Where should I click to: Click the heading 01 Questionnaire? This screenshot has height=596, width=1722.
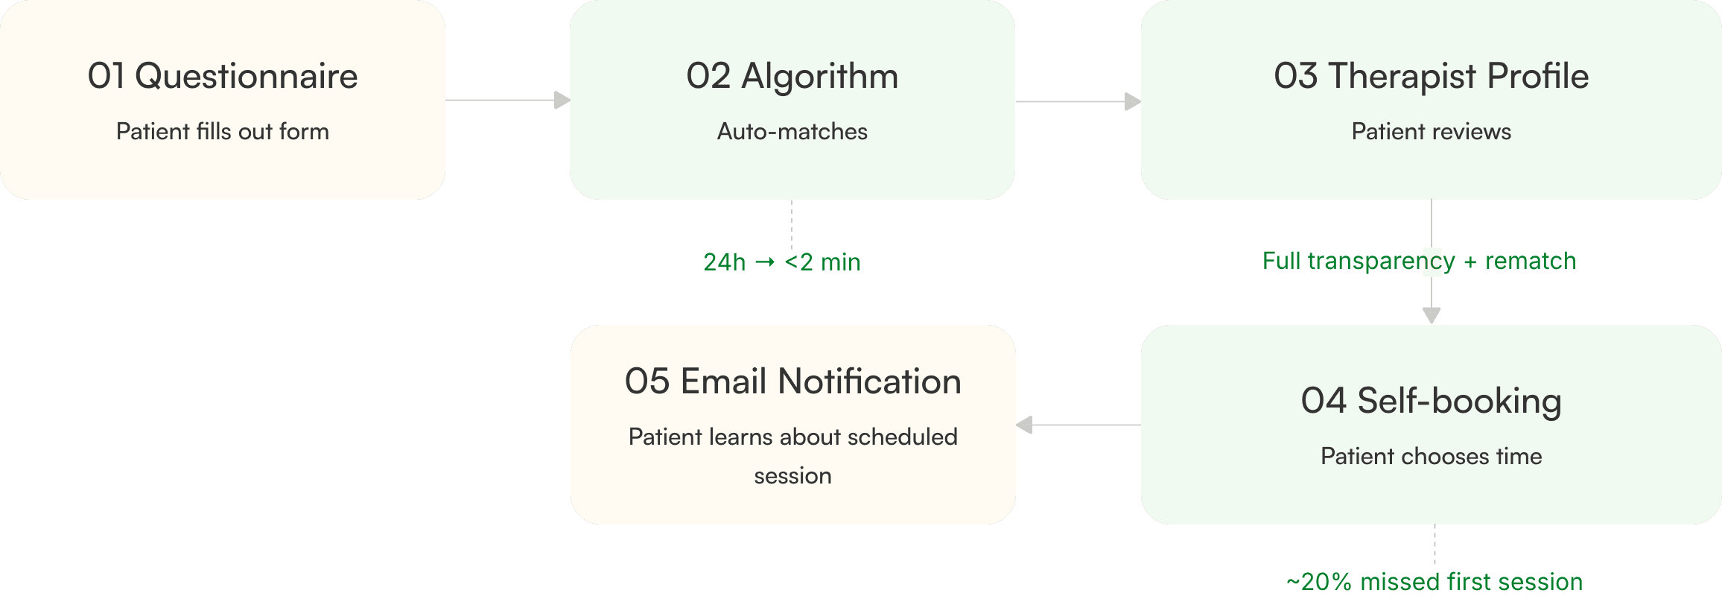223,76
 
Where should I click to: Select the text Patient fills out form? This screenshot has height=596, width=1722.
223,131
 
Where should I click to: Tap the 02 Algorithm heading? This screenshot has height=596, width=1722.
792,77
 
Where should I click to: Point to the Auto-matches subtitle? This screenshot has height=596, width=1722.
792,131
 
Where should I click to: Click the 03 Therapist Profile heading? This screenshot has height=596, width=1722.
1432,76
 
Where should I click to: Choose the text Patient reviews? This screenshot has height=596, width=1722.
1432,131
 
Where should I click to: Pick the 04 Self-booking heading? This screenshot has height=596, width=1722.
1432,401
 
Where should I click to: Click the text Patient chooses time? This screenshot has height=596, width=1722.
1432,456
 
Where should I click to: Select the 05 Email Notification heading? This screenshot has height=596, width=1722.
793,381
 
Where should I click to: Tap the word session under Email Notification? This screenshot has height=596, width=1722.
792,476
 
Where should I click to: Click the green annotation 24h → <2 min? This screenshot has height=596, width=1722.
782,262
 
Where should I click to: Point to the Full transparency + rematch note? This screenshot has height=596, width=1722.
1420,261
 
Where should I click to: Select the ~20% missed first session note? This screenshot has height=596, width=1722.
1435,582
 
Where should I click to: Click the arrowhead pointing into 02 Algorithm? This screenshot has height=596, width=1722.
562,100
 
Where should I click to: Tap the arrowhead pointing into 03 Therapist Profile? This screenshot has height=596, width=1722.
1133,101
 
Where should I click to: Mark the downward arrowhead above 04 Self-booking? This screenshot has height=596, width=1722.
1432,315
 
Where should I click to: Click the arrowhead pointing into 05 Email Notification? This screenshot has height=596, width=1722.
1024,425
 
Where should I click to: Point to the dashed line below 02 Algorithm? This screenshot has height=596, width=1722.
792,223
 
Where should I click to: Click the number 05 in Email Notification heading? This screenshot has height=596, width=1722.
647,381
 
